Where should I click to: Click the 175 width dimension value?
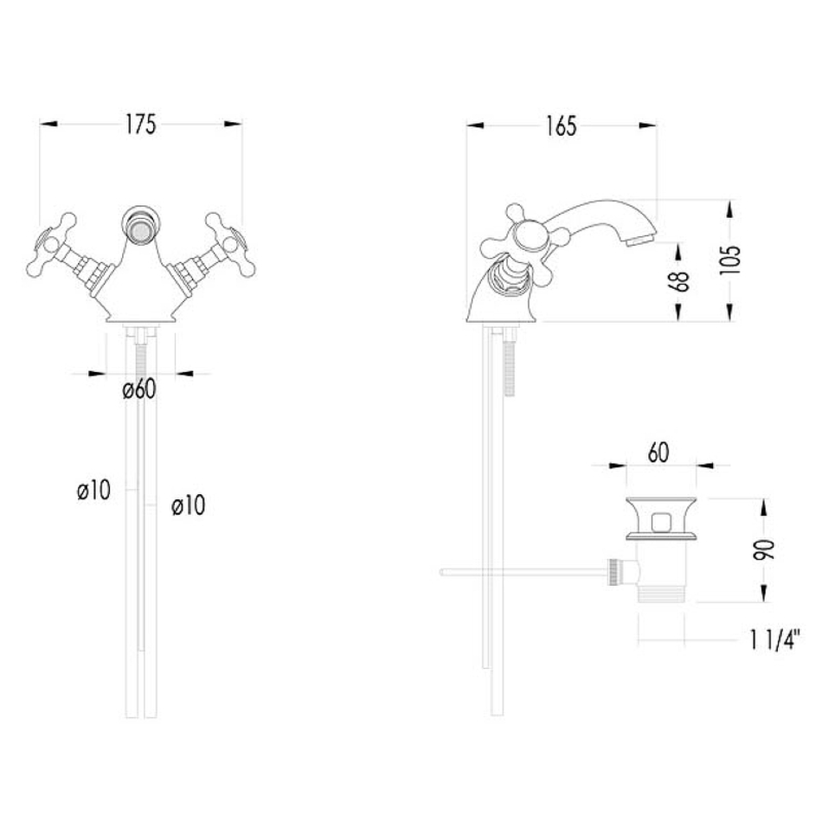click(140, 125)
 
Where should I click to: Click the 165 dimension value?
click(561, 126)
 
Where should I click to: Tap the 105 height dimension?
click(731, 260)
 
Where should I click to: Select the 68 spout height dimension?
click(679, 280)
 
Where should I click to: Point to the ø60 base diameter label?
click(139, 389)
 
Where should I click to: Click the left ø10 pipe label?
click(93, 491)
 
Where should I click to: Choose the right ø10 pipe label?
click(189, 505)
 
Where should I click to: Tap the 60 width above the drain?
click(658, 453)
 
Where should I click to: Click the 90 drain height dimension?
click(764, 549)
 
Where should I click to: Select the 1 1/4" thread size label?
click(774, 639)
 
